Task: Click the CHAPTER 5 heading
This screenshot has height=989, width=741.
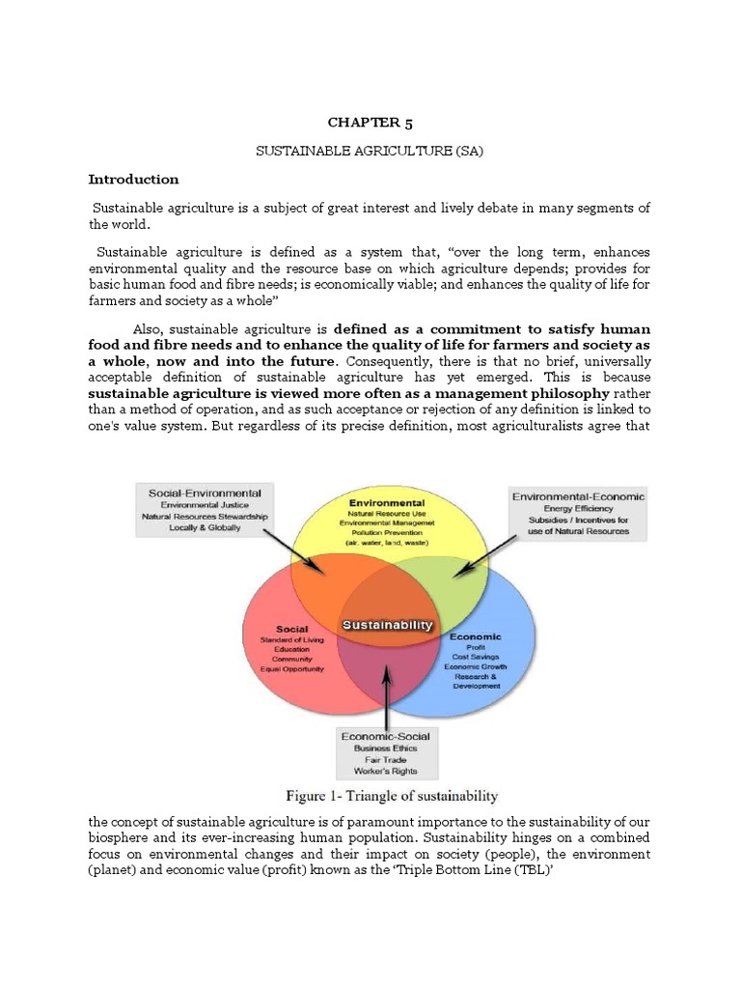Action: coord(370,122)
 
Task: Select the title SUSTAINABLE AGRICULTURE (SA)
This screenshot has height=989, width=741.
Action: coord(370,152)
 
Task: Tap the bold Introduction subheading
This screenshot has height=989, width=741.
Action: coord(133,180)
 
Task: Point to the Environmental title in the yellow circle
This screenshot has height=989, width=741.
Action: coord(387,503)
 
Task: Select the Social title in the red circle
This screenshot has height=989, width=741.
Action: coord(291,629)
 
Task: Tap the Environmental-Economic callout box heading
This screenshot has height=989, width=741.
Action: coord(579,495)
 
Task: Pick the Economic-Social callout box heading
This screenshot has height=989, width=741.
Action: coord(386,736)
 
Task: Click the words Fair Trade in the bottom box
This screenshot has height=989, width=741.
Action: coord(386,761)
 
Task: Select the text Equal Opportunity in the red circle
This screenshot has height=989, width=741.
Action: coord(291,668)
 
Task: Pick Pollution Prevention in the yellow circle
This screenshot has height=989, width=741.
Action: coord(387,534)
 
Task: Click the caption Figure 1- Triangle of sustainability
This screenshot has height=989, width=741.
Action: coord(391,797)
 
